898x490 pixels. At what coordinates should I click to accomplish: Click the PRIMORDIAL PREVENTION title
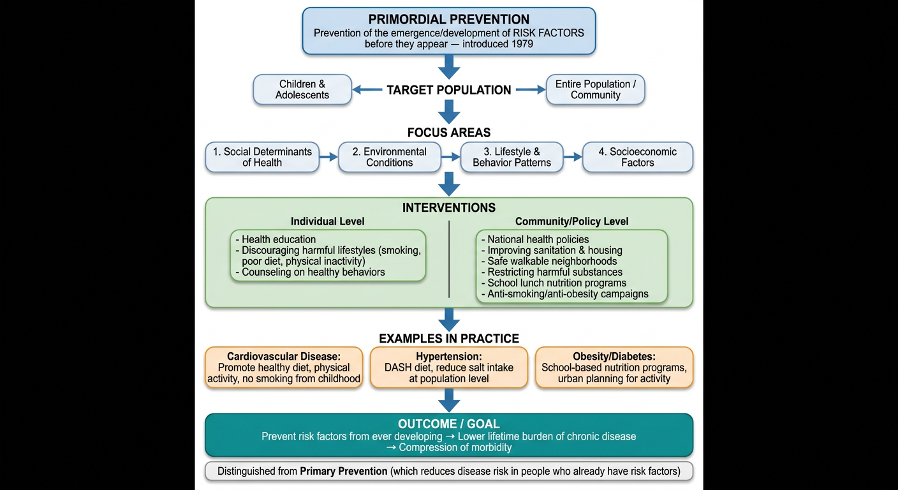448,19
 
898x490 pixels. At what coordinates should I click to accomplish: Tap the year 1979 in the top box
520,44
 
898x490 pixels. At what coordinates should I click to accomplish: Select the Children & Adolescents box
302,89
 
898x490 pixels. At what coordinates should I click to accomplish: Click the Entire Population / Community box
595,89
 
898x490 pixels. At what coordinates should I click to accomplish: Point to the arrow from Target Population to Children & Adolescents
367,89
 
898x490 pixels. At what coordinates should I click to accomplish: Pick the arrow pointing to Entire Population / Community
531,89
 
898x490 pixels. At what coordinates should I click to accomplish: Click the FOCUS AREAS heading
448,132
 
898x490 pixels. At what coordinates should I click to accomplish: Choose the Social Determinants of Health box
262,157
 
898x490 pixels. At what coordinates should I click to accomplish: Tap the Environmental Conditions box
389,157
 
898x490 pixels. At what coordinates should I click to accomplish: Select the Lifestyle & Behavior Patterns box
512,157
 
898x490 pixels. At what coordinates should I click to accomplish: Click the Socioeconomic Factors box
637,157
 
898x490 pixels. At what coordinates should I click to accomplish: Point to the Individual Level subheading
328,221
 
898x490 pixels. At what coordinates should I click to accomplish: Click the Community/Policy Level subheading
571,221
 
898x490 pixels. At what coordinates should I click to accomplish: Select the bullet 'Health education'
276,239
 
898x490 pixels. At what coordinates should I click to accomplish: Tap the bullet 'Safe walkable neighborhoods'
549,261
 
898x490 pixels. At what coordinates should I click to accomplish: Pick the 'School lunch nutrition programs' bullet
554,283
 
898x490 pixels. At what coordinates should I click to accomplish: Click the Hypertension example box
448,367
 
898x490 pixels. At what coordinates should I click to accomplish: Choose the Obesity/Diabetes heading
614,356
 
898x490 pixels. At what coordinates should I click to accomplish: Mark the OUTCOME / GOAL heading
448,424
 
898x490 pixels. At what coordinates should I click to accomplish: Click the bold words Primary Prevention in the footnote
344,471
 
